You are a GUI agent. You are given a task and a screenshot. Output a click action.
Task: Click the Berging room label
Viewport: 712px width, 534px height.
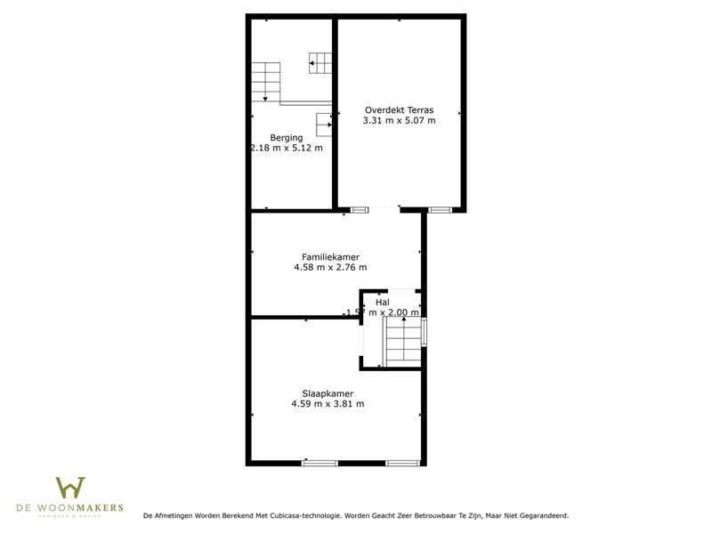pyautogui.click(x=287, y=137)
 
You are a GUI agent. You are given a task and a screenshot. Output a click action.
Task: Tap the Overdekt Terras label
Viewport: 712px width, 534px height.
pyautogui.click(x=399, y=109)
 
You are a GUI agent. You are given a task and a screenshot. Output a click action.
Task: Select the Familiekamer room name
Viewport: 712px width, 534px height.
pyautogui.click(x=330, y=256)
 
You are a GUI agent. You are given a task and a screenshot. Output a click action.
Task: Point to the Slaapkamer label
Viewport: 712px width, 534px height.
pyautogui.click(x=328, y=393)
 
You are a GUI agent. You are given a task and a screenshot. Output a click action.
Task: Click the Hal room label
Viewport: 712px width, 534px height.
pyautogui.click(x=383, y=303)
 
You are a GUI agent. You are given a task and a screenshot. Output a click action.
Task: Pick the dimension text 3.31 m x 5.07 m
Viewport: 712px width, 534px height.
pyautogui.click(x=399, y=120)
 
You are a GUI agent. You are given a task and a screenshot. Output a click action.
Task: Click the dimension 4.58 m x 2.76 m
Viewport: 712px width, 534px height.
pyautogui.click(x=330, y=267)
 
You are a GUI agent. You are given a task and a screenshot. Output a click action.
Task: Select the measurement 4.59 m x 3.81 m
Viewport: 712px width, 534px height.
pyautogui.click(x=328, y=404)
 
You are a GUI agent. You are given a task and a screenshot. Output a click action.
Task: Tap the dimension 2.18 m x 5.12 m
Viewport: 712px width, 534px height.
pyautogui.click(x=287, y=148)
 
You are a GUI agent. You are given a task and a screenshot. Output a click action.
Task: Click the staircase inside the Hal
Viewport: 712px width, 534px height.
pyautogui.click(x=402, y=343)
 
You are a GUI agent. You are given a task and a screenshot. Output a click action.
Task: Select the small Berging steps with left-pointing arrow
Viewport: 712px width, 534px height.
pyautogui.click(x=321, y=62)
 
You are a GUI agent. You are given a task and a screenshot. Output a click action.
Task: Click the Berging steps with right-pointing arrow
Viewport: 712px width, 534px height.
pyautogui.click(x=325, y=124)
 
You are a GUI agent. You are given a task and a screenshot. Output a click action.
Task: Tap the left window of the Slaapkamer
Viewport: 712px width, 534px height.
pyautogui.click(x=320, y=463)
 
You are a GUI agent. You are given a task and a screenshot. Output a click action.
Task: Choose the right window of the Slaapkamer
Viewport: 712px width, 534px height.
pyautogui.click(x=402, y=463)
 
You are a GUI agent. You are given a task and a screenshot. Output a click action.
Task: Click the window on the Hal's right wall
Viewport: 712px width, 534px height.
pyautogui.click(x=425, y=332)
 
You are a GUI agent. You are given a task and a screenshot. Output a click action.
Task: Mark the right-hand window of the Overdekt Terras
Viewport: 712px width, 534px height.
pyautogui.click(x=440, y=210)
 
